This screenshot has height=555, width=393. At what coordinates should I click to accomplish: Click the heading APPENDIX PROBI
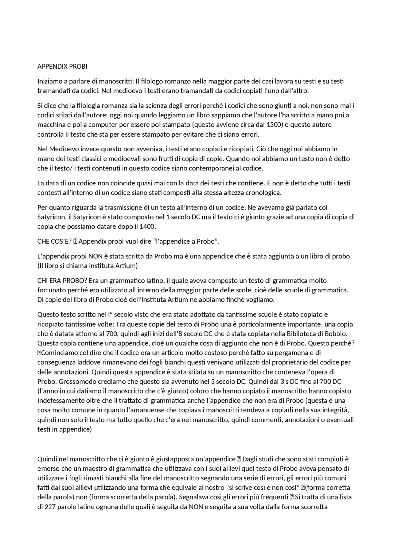pos(62,67)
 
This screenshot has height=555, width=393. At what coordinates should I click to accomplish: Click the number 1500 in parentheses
pos(274,125)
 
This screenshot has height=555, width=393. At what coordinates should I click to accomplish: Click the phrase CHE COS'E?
pos(54,241)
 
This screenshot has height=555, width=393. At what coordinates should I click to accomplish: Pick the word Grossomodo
pos(73,382)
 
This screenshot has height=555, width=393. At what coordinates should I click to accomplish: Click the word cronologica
pos(263,193)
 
